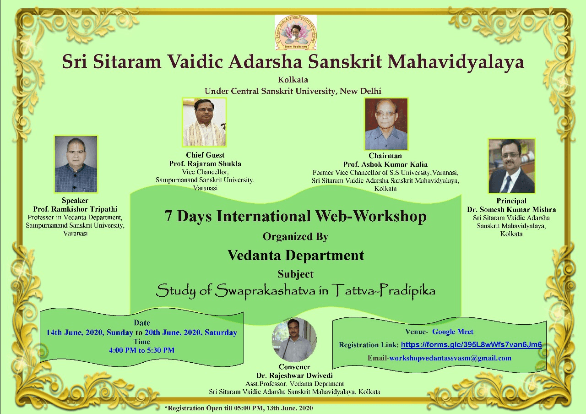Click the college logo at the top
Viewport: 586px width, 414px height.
[296, 33]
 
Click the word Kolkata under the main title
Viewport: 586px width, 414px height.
[293, 80]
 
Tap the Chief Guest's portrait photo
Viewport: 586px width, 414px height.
[204, 122]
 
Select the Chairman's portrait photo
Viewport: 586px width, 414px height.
[386, 124]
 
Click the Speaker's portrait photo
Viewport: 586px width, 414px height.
[76, 164]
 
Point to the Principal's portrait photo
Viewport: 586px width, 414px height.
[511, 166]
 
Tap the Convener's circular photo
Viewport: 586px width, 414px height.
[294, 340]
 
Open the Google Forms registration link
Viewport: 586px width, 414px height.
[472, 345]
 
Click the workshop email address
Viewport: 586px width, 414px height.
[450, 358]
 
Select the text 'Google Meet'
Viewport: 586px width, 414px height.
[453, 332]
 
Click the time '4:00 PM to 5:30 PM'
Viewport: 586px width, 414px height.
[141, 350]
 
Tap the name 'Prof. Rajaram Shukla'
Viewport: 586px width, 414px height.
[205, 163]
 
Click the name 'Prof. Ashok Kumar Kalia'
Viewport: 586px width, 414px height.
[385, 164]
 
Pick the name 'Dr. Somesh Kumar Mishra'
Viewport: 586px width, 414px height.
[511, 209]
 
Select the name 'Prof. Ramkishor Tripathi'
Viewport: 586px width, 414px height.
[75, 209]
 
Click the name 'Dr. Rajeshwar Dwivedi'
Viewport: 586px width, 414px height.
[294, 376]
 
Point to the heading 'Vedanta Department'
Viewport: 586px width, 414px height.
[296, 256]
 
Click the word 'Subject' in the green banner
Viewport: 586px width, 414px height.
[295, 274]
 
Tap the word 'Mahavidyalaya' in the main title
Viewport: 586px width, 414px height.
[456, 62]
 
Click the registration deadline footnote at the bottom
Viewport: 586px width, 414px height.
[239, 408]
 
